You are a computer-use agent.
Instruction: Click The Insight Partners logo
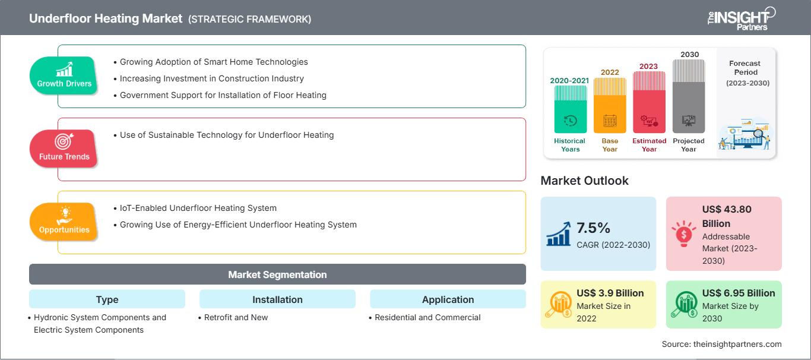(x=742, y=18)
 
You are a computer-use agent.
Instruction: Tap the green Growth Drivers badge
(x=64, y=75)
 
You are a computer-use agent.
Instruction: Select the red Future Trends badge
(x=64, y=149)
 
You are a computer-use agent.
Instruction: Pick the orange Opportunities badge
(x=64, y=222)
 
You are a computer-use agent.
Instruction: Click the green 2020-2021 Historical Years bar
(x=570, y=109)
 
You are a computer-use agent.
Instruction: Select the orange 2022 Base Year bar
(x=610, y=105)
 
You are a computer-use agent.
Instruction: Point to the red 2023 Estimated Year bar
(x=649, y=102)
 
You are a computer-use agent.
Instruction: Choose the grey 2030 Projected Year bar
(x=689, y=96)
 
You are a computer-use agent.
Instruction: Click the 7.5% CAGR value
(x=593, y=228)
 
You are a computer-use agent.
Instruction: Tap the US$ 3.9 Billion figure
(x=610, y=293)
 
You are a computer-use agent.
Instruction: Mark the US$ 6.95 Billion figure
(x=739, y=293)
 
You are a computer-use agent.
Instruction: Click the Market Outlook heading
(x=584, y=181)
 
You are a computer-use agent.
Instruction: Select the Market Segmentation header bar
(x=277, y=274)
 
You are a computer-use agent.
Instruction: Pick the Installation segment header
(x=277, y=299)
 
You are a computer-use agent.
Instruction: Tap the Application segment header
(x=448, y=299)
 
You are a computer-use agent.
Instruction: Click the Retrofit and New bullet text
(x=236, y=317)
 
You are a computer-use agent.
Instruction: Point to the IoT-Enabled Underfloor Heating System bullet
(x=198, y=208)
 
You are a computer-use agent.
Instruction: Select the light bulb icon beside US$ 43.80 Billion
(x=683, y=233)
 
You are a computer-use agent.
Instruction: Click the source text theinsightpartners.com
(x=737, y=344)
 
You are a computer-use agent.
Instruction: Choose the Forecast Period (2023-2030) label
(x=746, y=73)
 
